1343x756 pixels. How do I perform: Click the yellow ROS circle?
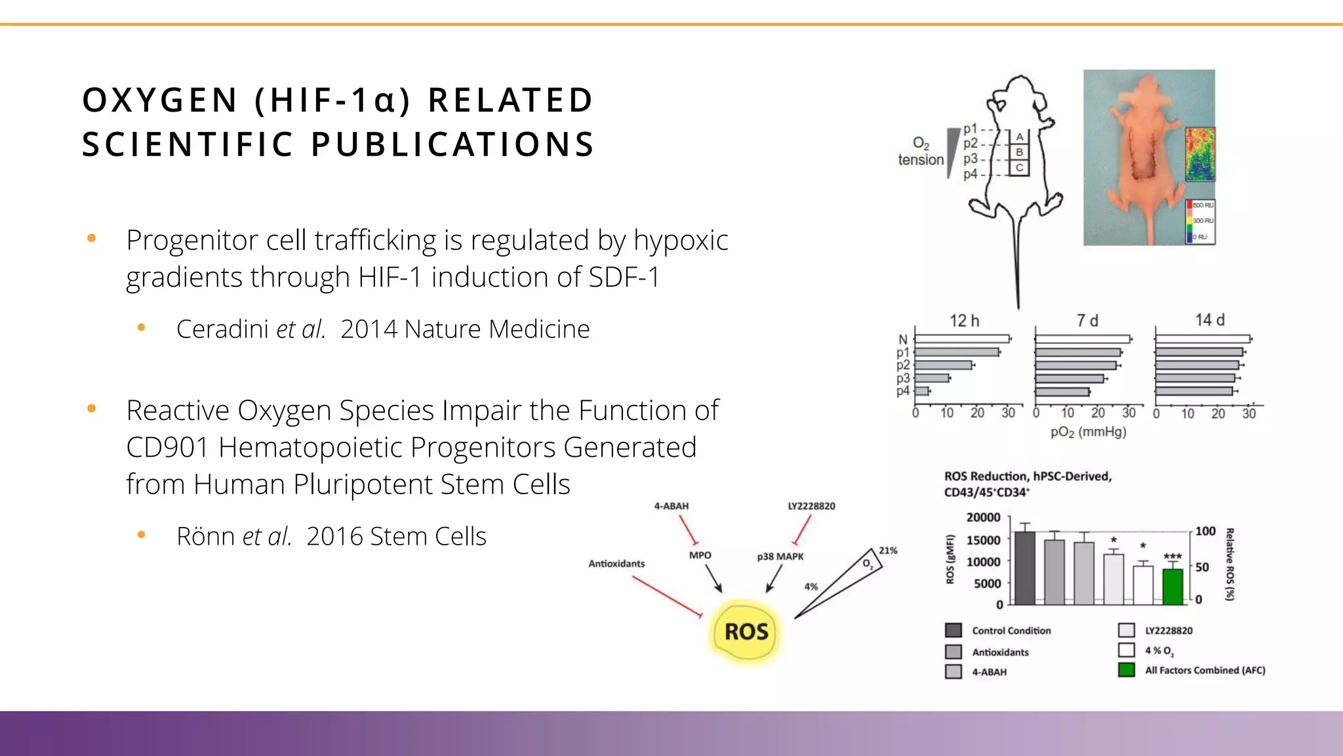[746, 631]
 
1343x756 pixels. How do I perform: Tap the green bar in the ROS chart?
[1173, 586]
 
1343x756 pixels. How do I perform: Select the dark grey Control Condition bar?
[1024, 568]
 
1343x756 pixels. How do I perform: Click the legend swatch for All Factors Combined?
[1127, 670]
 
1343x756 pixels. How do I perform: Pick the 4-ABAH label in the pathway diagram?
[671, 506]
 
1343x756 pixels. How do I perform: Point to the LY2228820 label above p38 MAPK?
[811, 506]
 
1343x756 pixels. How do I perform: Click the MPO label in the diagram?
[700, 555]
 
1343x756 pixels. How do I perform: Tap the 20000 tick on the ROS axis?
[983, 517]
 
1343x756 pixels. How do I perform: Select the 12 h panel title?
[964, 321]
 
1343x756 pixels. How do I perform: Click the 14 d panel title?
[1209, 320]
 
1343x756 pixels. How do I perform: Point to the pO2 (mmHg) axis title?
[1088, 432]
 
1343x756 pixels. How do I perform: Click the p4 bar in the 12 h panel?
[922, 391]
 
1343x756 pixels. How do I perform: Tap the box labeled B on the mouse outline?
[1019, 152]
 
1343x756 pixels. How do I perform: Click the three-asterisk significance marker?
[1173, 556]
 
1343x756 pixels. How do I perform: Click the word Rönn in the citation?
[205, 536]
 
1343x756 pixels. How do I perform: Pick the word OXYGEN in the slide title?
[160, 100]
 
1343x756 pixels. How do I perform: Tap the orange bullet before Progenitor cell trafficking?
[92, 238]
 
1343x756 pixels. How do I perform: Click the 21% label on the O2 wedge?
[888, 551]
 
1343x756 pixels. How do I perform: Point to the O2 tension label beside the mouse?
[921, 152]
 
